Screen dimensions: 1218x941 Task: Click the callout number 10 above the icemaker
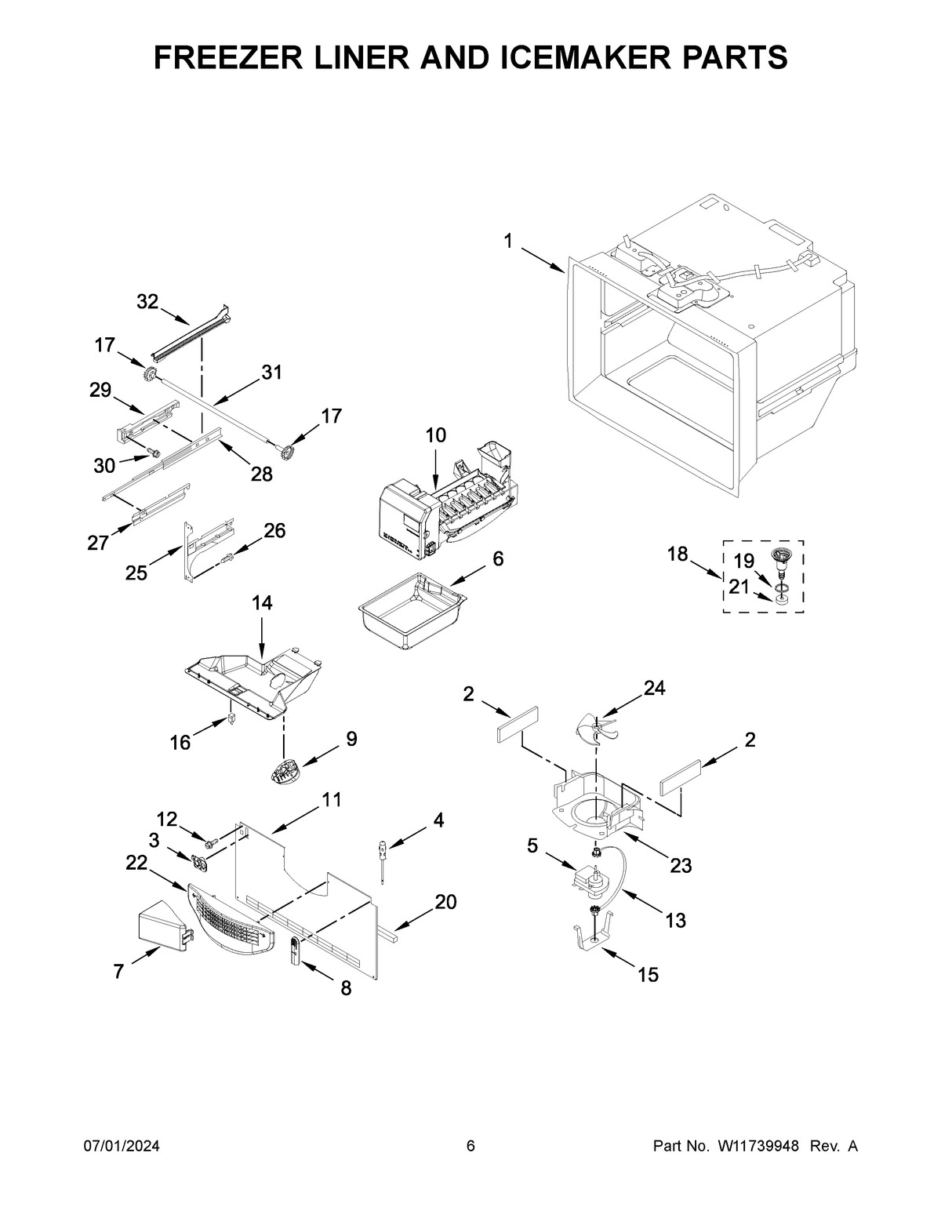(x=435, y=435)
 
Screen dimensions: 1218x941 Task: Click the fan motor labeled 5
(x=592, y=878)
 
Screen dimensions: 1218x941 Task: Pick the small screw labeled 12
(x=210, y=844)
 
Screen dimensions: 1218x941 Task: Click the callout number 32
(x=147, y=302)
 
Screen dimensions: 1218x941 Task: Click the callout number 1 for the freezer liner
(x=508, y=242)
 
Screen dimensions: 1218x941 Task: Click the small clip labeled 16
(x=232, y=718)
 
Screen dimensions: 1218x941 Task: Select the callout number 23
(x=681, y=865)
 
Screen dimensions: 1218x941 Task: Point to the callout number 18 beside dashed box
(x=677, y=554)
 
